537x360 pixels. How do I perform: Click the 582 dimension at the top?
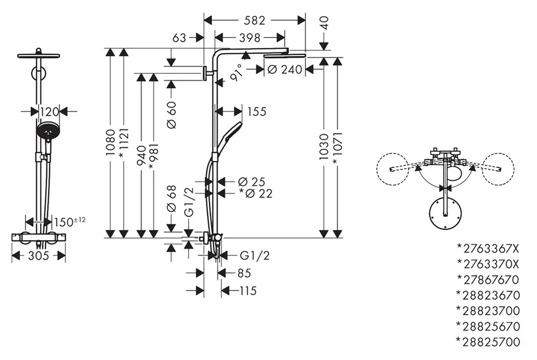coord(254,20)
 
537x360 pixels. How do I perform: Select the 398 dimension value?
coord(249,38)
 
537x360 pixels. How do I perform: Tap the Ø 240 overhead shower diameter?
coord(285,69)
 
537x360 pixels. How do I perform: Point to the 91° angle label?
coord(237,73)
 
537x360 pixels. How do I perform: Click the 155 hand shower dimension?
coord(257,111)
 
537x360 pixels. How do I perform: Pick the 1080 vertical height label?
coord(110,143)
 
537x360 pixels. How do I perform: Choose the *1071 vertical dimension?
coord(337,148)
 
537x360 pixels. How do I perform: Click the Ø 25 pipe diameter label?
coord(251,181)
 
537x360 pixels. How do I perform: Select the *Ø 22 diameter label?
coord(256,193)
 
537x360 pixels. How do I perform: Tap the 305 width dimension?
coord(39,255)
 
